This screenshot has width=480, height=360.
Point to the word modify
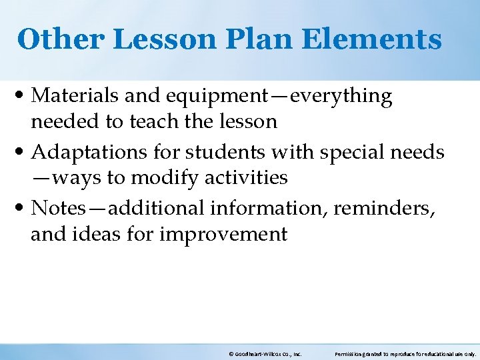[x=161, y=178]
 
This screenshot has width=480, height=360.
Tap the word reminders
[x=382, y=208]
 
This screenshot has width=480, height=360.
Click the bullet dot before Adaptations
[x=23, y=153]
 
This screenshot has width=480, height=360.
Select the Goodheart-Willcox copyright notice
[x=264, y=354]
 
